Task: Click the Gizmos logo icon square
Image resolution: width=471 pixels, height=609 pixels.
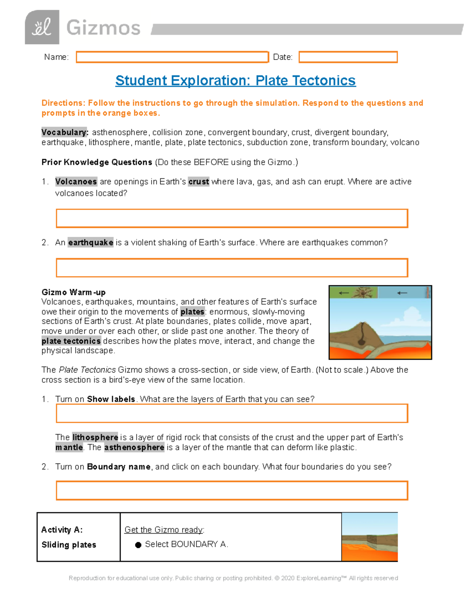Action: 42,27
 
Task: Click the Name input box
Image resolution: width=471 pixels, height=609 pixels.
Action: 172,57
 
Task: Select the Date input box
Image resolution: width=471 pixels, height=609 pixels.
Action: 348,57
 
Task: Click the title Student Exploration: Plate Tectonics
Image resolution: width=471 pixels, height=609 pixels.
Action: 235,80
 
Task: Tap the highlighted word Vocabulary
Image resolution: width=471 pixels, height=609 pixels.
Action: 65,132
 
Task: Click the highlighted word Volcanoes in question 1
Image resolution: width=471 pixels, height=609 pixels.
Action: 76,182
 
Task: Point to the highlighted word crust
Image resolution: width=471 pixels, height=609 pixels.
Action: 198,182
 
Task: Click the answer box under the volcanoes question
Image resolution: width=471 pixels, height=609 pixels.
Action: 232,218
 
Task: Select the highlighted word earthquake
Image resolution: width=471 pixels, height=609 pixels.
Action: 91,242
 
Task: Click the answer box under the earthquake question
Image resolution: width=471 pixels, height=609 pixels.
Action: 232,268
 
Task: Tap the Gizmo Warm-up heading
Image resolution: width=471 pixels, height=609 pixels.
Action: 73,292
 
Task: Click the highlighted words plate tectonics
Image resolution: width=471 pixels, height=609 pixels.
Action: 71,341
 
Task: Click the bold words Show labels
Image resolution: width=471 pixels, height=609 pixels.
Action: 111,399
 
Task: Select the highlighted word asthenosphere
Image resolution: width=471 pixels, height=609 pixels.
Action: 134,447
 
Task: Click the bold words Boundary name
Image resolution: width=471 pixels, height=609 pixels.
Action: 119,467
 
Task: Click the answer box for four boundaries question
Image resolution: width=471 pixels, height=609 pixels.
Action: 232,491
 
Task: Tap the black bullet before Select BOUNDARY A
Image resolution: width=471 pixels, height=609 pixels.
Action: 138,545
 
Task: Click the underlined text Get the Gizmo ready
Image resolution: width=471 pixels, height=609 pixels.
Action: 164,530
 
